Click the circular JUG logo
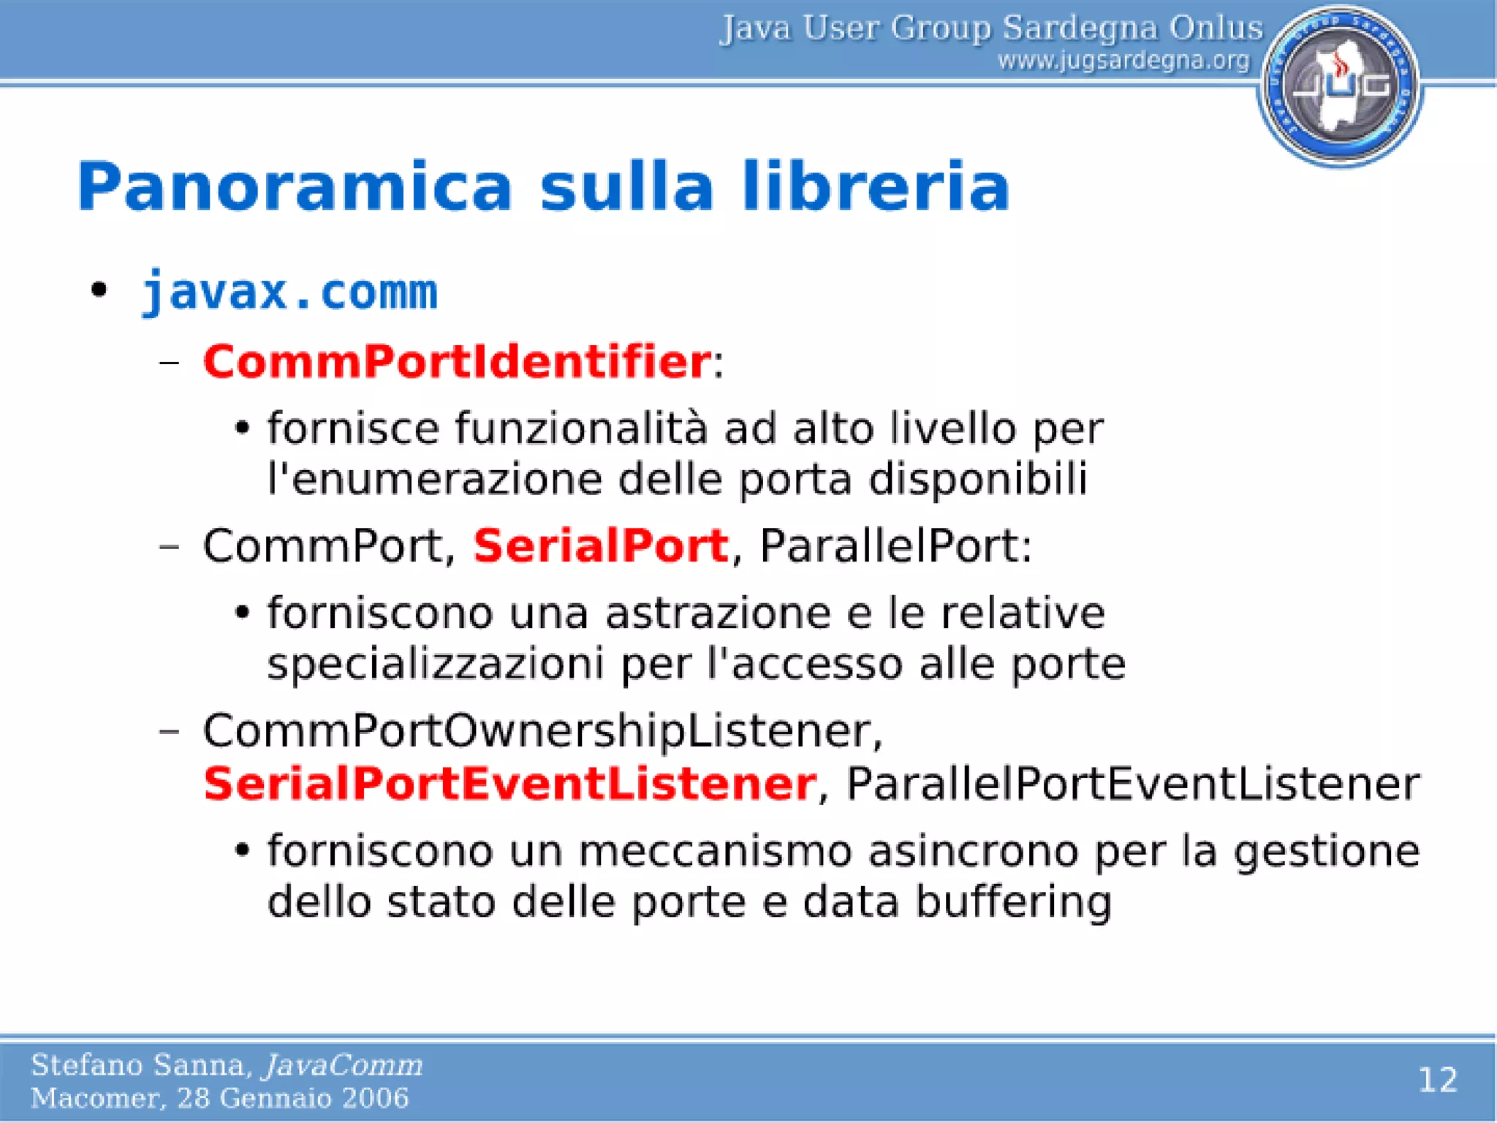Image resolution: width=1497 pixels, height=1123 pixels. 1340,86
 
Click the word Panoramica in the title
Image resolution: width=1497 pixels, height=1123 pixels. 295,186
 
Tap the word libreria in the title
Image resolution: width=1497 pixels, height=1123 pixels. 876,186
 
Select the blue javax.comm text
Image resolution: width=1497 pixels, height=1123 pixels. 289,292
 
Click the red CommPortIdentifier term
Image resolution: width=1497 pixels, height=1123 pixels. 457,361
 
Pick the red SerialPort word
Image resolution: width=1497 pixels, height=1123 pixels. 601,545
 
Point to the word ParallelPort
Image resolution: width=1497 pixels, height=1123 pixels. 894,545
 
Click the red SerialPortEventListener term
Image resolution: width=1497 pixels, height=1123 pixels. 509,784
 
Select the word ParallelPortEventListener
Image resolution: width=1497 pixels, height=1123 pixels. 1132,784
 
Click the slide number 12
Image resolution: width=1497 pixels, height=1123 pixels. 1437,1080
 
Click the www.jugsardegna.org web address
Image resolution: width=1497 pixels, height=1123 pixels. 1123,60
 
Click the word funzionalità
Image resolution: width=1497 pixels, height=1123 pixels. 581,428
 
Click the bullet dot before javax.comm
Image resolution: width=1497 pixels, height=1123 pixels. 99,290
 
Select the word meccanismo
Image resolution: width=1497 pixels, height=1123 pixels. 715,851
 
